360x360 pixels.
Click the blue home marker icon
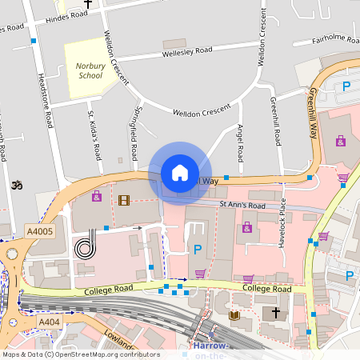[180, 173]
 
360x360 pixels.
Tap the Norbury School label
[89, 70]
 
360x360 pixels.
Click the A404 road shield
[49, 322]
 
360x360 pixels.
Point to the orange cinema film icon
[123, 199]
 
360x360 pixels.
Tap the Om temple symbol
[14, 186]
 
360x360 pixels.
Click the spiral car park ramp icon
[83, 249]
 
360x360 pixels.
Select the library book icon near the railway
[234, 316]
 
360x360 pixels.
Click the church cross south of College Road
[276, 312]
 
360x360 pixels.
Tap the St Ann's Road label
[242, 205]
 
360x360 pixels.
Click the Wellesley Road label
[188, 51]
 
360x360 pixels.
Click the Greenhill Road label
[274, 121]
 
